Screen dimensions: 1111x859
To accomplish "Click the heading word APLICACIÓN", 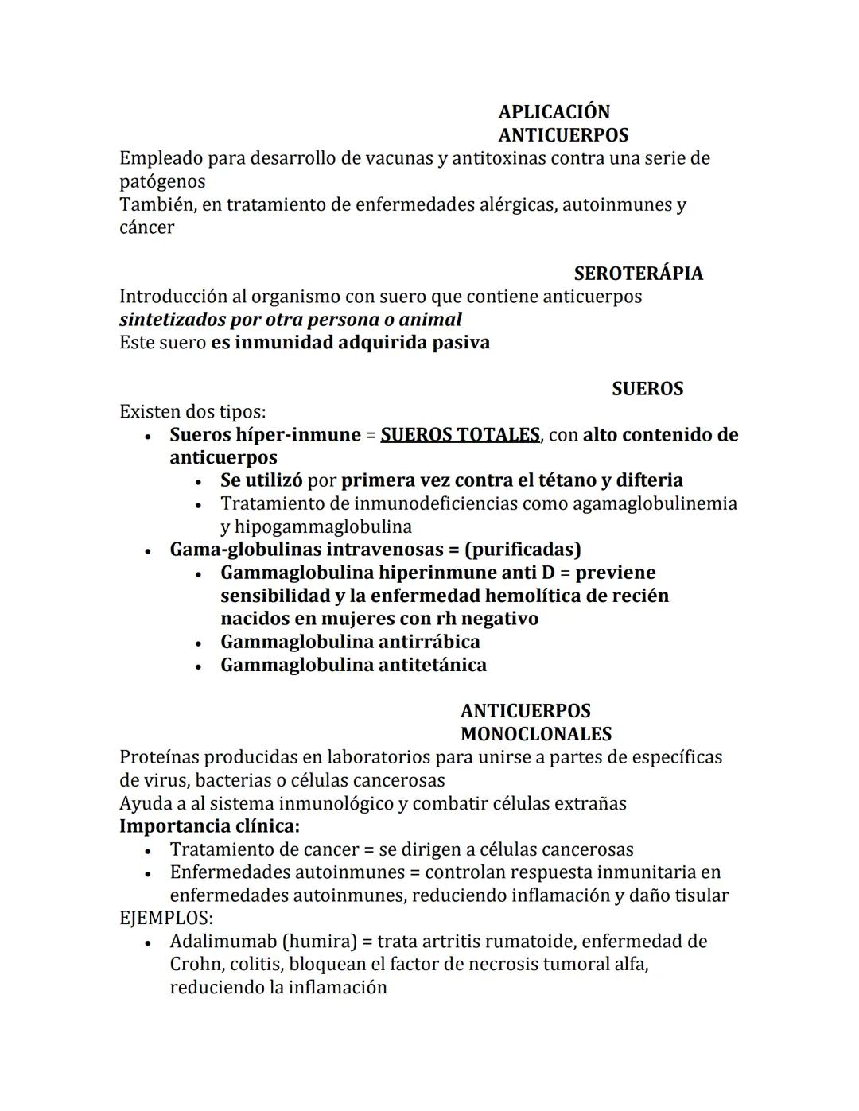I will (x=554, y=112).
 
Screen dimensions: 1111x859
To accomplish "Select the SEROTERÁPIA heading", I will (x=638, y=274).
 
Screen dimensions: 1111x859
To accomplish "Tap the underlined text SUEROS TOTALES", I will (x=460, y=435).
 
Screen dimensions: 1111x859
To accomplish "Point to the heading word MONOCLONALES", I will (x=535, y=734).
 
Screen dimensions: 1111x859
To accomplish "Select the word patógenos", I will (x=162, y=181).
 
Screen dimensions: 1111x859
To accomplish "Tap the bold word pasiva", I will (x=461, y=343).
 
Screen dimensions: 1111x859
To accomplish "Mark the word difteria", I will (x=649, y=481).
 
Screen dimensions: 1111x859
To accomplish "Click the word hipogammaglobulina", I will (x=316, y=527).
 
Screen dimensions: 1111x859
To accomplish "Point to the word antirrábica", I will (x=429, y=643).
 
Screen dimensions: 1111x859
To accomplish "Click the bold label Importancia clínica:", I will (x=209, y=826).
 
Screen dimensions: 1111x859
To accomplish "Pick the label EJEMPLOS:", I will (x=165, y=919).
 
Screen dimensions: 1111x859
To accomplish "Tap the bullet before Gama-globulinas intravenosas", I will (x=148, y=551).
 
